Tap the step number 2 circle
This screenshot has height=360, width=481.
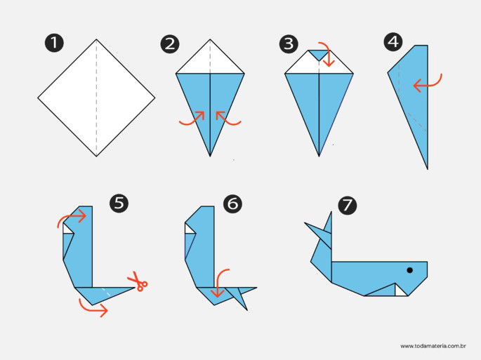(169, 44)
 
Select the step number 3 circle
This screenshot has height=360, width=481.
(288, 44)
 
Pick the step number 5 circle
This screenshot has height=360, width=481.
(119, 204)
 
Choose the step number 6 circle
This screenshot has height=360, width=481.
(233, 204)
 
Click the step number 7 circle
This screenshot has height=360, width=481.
(347, 205)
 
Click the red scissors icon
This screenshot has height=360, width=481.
(137, 283)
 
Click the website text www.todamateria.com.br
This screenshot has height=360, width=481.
(433, 346)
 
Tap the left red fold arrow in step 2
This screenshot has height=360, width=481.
(192, 119)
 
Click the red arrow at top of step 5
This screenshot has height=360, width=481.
(73, 218)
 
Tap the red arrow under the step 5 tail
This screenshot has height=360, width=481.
(93, 306)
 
